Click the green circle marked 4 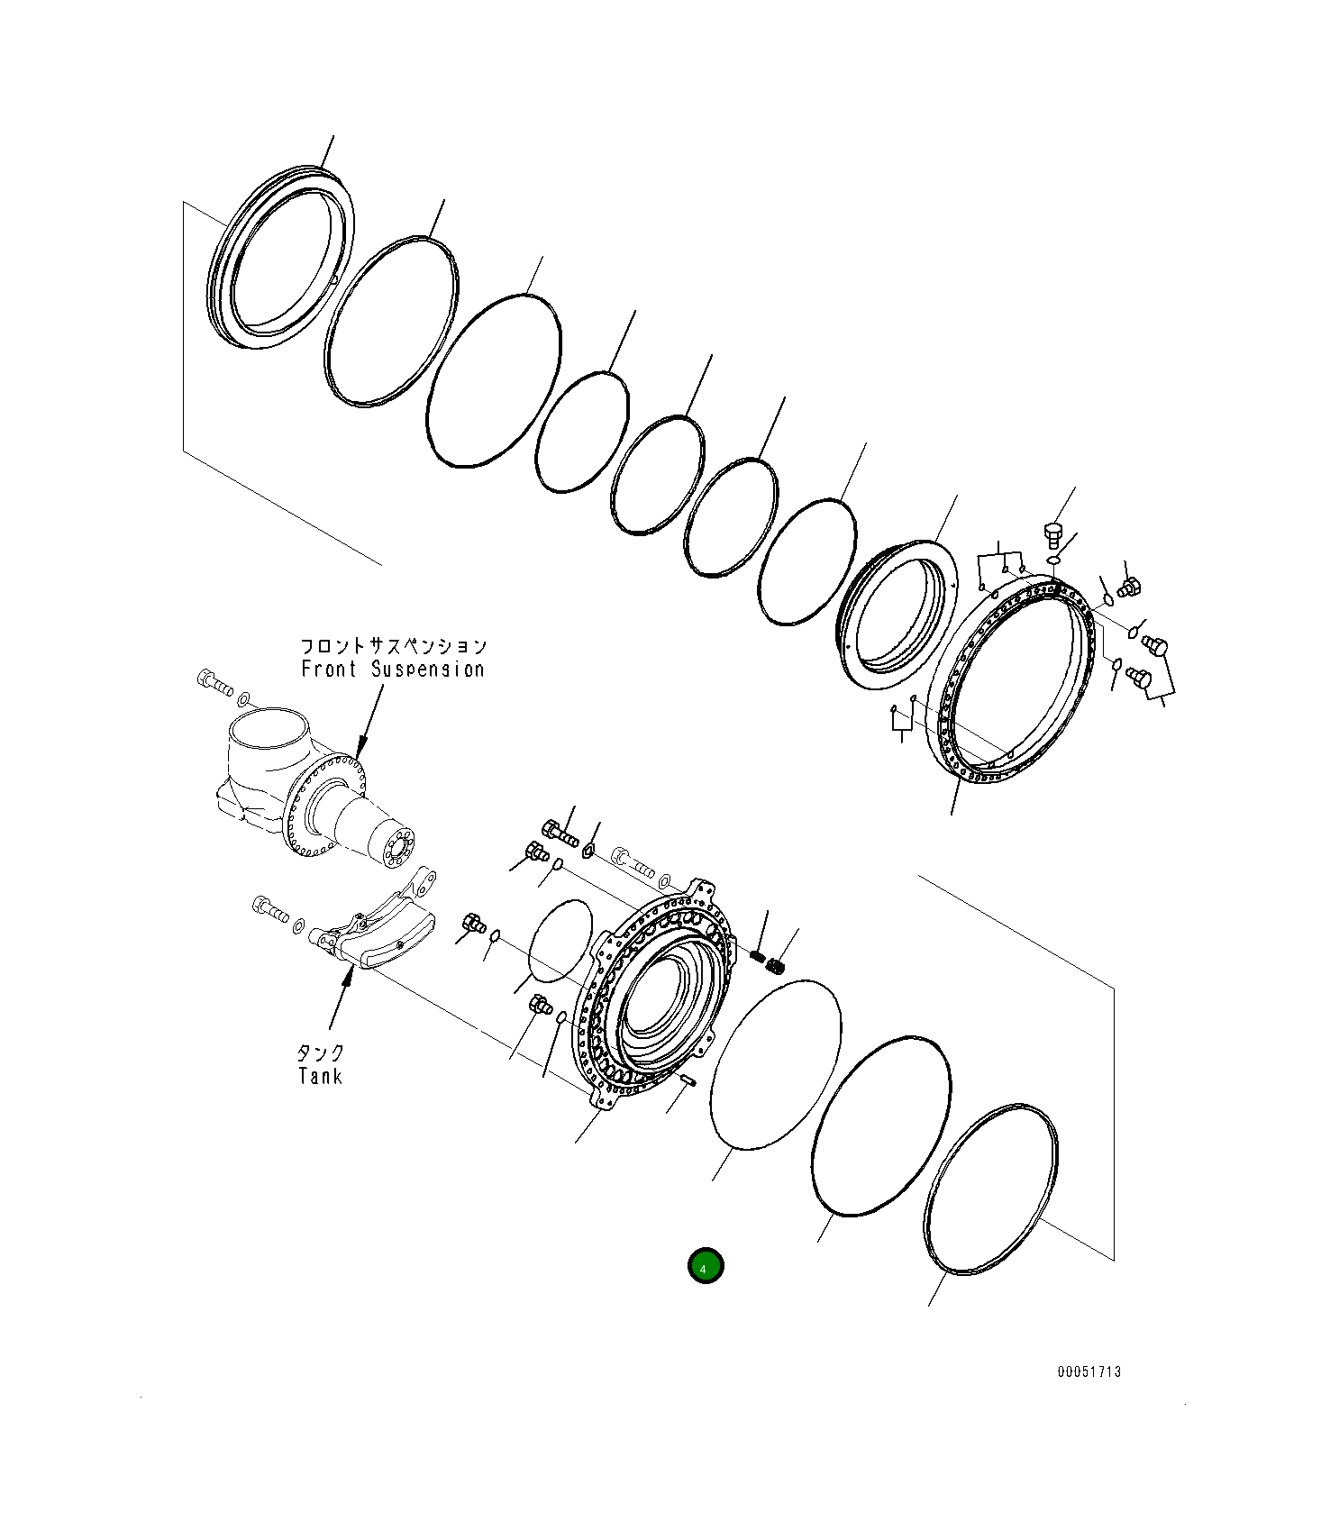705,1266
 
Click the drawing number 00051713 1089,1371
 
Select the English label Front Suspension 392,670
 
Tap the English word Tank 320,1076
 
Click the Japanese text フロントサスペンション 392,646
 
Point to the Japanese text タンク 320,1052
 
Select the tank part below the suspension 383,933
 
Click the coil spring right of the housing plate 773,964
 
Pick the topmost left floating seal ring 279,257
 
